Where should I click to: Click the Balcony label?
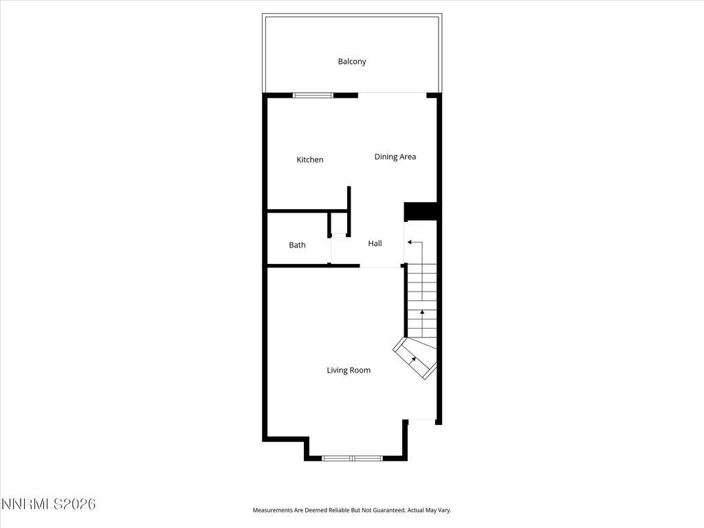tap(351, 62)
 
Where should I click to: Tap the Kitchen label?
tap(309, 160)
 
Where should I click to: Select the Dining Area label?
tap(395, 157)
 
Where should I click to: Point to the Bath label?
tap(297, 245)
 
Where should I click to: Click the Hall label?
tap(375, 243)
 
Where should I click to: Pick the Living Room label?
tap(349, 371)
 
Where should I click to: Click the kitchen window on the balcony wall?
tap(313, 95)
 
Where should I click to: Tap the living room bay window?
tap(352, 457)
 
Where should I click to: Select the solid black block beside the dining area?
tap(421, 211)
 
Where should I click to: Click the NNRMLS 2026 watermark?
tap(48, 505)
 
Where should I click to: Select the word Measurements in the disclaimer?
tap(274, 510)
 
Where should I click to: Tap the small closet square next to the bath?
tap(338, 224)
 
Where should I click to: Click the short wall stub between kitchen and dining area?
tap(349, 199)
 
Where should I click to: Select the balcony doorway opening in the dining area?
tap(392, 94)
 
